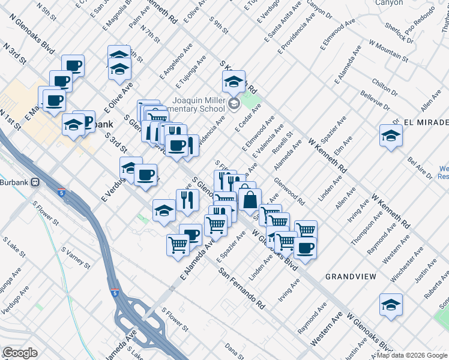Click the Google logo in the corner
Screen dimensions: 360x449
pos(20,353)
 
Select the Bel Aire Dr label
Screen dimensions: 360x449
pos(420,169)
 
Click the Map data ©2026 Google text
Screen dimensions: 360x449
pos(411,355)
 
